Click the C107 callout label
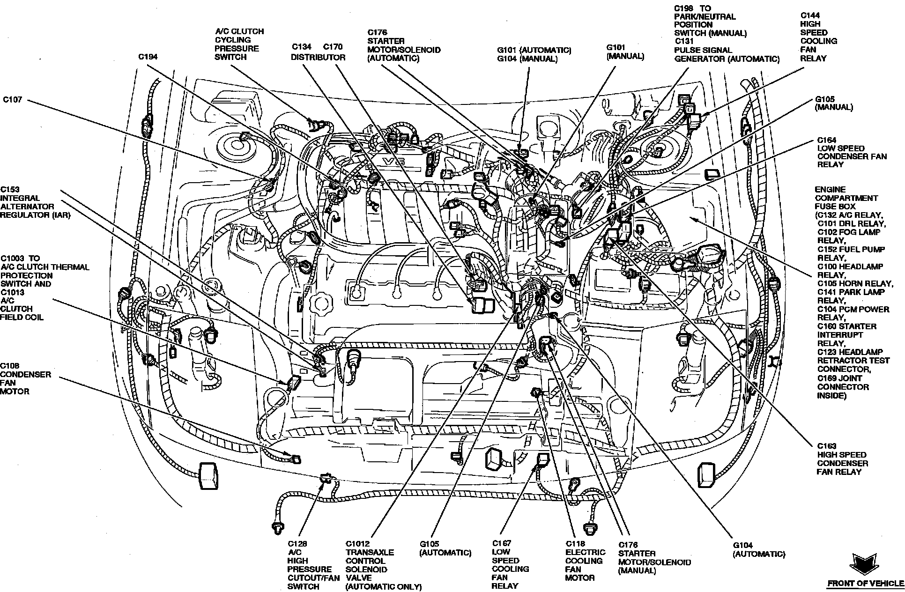(13, 100)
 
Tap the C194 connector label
(148, 57)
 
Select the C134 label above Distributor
(302, 47)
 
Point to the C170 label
(333, 47)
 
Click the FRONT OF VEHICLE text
(865, 584)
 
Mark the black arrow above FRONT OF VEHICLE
(863, 564)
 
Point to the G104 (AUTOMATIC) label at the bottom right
(759, 549)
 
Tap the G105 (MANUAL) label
(834, 103)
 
